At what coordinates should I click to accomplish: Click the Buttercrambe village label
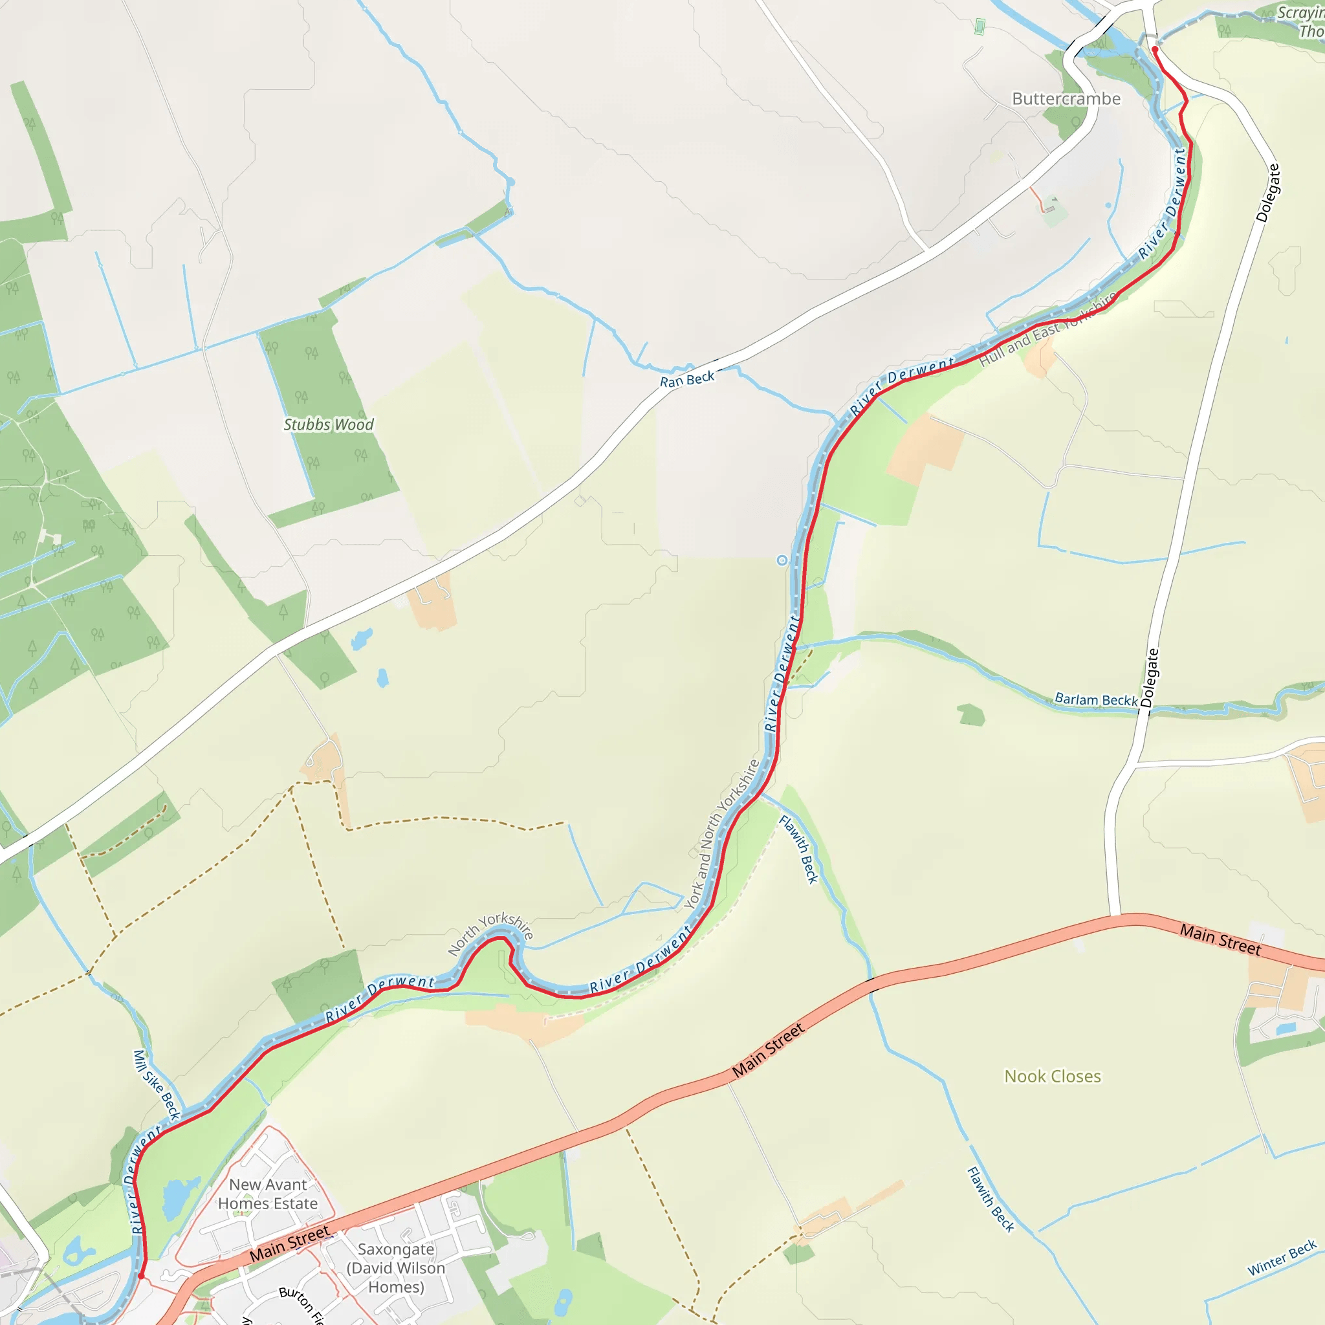(x=1066, y=99)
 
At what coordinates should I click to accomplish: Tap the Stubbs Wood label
(x=329, y=424)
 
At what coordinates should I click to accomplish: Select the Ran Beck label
(x=686, y=379)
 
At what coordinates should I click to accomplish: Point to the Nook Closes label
(x=1052, y=1076)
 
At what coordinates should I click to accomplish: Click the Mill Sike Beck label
(x=157, y=1084)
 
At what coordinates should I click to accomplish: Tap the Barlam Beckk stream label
(x=1096, y=699)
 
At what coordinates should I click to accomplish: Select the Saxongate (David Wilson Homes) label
(x=396, y=1267)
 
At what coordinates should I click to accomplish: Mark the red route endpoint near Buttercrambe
(x=1155, y=49)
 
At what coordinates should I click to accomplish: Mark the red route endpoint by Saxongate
(x=141, y=1276)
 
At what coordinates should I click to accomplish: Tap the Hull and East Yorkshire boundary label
(x=1047, y=329)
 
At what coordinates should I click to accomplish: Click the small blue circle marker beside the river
(x=782, y=560)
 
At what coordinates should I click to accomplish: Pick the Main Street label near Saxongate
(x=289, y=1243)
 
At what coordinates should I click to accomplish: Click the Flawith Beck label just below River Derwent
(x=799, y=849)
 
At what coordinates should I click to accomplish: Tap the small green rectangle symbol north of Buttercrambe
(x=980, y=27)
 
